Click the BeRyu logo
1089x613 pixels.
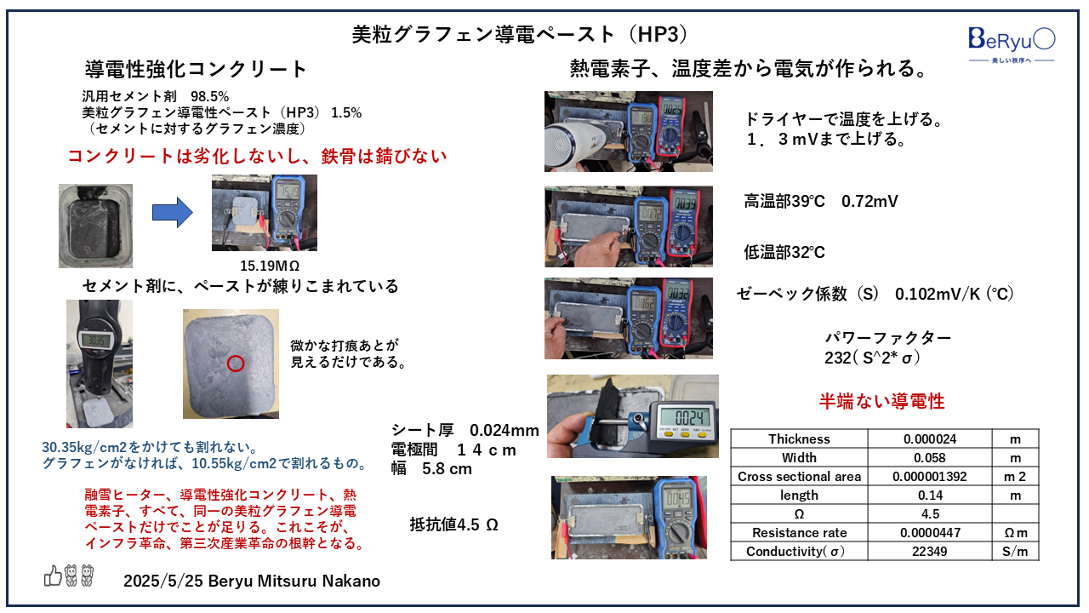pyautogui.click(x=1012, y=39)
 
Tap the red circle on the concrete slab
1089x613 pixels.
pyautogui.click(x=236, y=364)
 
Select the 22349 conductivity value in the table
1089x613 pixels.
pyautogui.click(x=929, y=552)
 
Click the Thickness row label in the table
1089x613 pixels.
pyautogui.click(x=799, y=439)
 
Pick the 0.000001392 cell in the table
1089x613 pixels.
pyautogui.click(x=929, y=477)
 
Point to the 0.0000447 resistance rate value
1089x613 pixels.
pyautogui.click(x=929, y=533)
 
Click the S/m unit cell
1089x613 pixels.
pyautogui.click(x=1015, y=552)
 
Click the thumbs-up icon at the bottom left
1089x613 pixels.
pyautogui.click(x=53, y=577)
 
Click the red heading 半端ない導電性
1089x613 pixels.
pyautogui.click(x=881, y=401)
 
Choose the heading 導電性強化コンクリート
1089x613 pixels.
pyautogui.click(x=196, y=69)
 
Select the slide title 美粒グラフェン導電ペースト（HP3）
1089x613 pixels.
pyautogui.click(x=519, y=34)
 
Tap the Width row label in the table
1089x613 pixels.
pyautogui.click(x=799, y=458)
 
